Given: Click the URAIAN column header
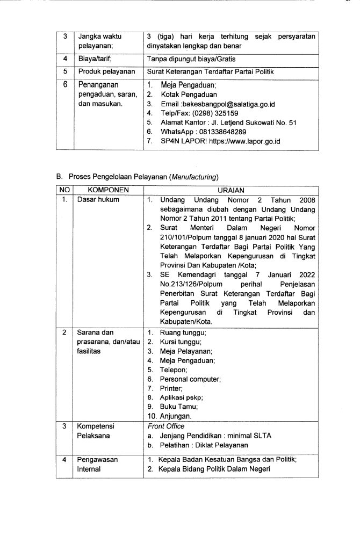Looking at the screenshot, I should coord(231,190).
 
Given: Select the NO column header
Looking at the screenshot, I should coord(63,190).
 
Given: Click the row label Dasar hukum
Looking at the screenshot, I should coord(98,200).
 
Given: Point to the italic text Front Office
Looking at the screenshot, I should coord(165,426).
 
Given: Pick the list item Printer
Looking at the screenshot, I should coord(171,388).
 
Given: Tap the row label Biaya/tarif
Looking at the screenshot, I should coord(95,59).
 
